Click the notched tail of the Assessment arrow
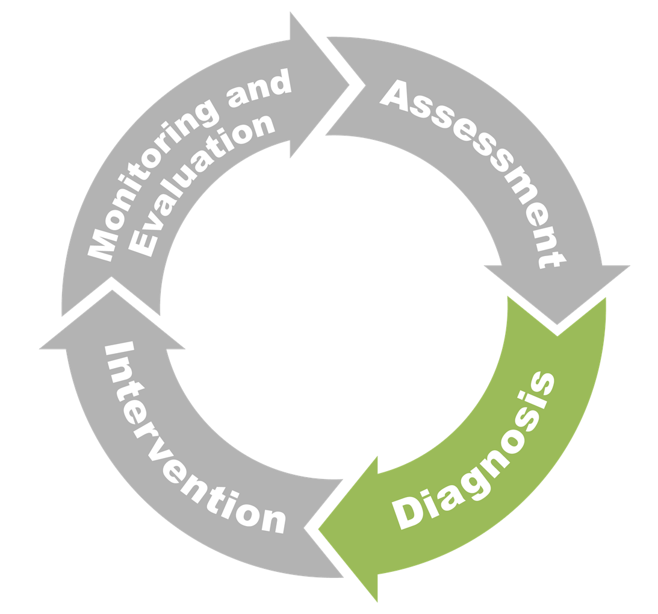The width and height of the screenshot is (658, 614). pyautogui.click(x=349, y=84)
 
